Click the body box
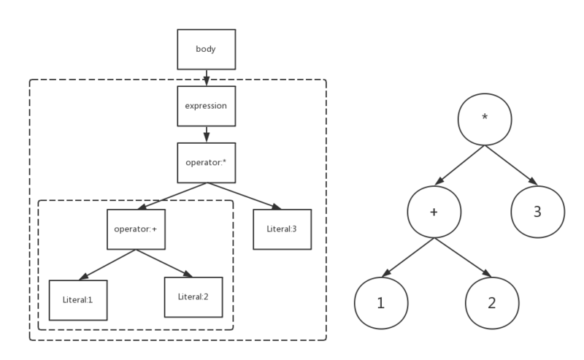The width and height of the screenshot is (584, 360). (206, 49)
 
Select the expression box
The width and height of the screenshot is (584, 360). (206, 105)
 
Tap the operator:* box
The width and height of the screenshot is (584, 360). (206, 162)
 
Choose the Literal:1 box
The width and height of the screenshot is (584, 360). (77, 300)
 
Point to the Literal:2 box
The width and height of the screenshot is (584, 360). (193, 296)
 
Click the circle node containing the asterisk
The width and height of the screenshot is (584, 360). (483, 119)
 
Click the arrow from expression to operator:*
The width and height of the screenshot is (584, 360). (206, 134)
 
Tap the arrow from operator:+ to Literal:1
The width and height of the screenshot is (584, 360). (107, 264)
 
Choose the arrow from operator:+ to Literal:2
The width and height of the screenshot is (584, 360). (164, 263)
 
